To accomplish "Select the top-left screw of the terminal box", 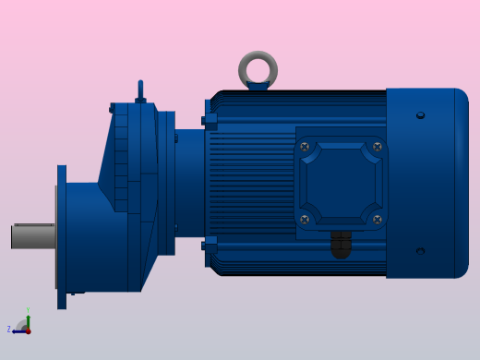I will click(305, 147).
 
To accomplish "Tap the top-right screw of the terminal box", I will click(377, 147).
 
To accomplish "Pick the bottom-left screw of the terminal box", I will click(305, 220).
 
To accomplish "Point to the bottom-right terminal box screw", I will click(377, 220).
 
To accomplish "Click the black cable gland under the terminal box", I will click(341, 245).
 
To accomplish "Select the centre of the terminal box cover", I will click(341, 183).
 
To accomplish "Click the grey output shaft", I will click(33, 236).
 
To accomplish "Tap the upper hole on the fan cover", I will click(421, 115).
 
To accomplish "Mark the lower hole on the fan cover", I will click(421, 250).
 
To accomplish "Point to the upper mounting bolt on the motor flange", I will click(210, 120).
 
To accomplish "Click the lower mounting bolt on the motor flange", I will click(210, 246).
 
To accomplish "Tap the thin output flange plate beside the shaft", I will click(62, 237).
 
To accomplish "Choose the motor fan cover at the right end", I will click(426, 183).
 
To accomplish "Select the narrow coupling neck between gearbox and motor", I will click(189, 182).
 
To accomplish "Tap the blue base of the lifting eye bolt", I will click(258, 87).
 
